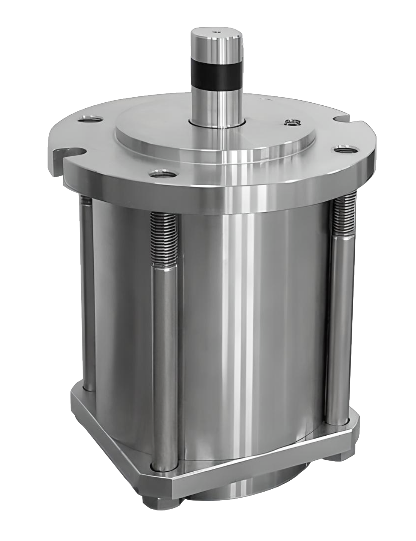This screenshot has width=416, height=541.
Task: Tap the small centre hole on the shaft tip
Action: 217,31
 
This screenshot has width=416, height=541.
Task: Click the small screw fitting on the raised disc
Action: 292,123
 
